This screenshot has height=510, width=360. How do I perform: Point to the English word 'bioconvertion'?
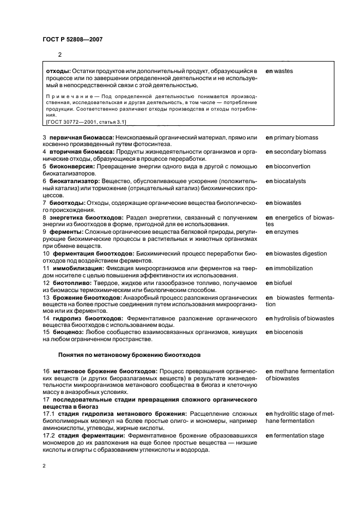[292, 166]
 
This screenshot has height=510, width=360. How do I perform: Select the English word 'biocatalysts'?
[290, 181]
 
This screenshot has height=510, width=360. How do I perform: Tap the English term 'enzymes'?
[286, 232]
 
